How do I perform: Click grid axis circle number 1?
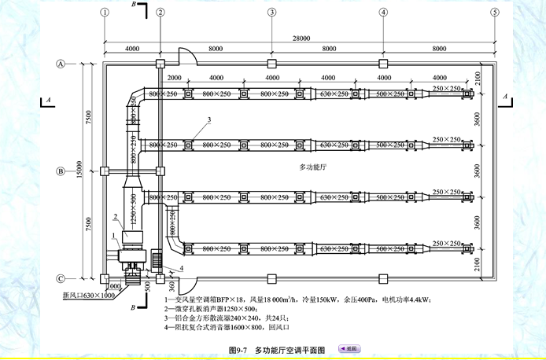tap(104, 13)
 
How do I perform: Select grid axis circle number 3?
tap(271, 13)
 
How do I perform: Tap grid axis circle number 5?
tap(495, 13)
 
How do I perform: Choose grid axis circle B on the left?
tap(60, 171)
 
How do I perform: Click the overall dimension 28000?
tap(299, 38)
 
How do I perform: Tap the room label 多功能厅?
tap(314, 167)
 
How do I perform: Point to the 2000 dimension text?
tap(174, 79)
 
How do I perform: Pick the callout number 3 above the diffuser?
tap(209, 119)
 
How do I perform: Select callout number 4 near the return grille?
tap(182, 269)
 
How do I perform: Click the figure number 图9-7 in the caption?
tap(238, 348)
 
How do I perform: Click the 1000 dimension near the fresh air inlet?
tap(114, 286)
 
